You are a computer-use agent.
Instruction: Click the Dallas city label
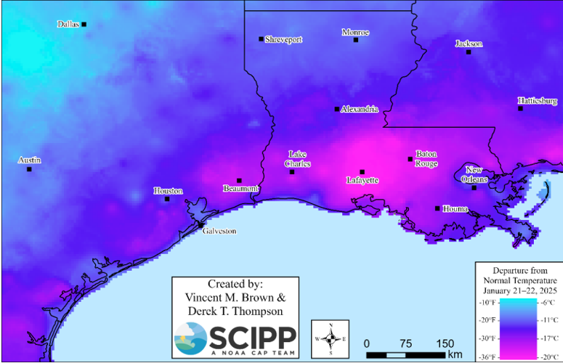pos(68,24)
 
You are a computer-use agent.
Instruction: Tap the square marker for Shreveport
pos(262,39)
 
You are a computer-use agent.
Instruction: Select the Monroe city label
pos(355,32)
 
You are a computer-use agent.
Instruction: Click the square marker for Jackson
pos(469,52)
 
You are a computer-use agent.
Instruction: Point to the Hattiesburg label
pos(537,100)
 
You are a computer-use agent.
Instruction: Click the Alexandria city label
pos(360,109)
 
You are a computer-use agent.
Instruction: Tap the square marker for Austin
pos(29,169)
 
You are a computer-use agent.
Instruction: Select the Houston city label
pos(168,191)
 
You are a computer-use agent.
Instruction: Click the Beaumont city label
pos(240,189)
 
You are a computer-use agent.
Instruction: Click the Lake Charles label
pos(299,159)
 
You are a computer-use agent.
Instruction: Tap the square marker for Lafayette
pos(362,172)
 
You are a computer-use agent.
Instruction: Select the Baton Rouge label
pos(426,158)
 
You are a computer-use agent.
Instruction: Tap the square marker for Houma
pos(437,208)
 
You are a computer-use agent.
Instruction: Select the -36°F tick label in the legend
pos(487,356)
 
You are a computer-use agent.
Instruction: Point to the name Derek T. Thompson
pos(235,310)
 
